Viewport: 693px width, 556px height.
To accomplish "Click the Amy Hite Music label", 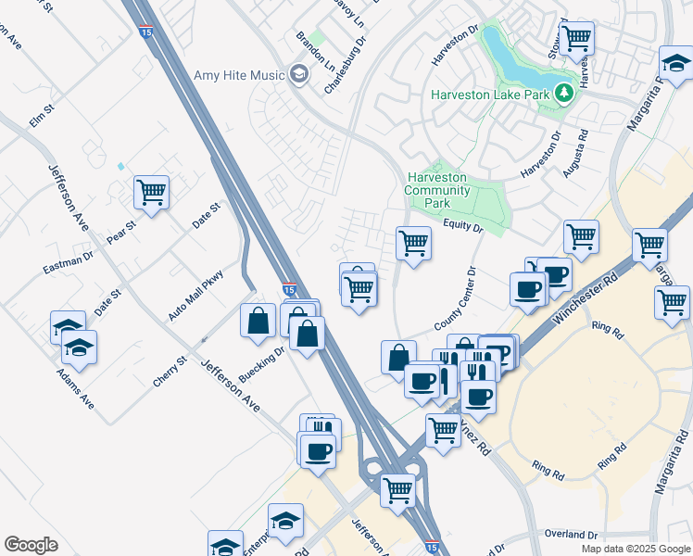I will pos(238,75).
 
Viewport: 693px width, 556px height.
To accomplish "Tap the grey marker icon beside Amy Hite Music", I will pos(298,73).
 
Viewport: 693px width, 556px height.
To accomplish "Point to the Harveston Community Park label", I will pos(438,189).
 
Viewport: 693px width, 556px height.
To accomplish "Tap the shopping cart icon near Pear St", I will pos(151,193).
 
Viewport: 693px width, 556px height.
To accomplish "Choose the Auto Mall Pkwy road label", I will pos(196,296).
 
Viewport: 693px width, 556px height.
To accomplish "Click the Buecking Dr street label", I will pos(261,365).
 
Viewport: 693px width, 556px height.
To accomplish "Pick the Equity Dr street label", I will pos(463,225).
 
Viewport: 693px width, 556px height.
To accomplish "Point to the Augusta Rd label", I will pos(576,154).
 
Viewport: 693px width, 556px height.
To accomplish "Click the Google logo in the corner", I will pos(31,545).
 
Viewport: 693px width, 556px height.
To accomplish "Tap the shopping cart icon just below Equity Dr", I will pos(413,244).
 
